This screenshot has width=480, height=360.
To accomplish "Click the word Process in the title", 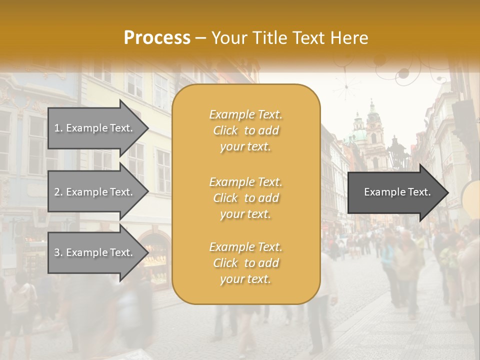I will [157, 38].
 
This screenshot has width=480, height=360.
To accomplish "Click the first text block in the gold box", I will [245, 130].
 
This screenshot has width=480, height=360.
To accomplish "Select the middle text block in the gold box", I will [245, 198].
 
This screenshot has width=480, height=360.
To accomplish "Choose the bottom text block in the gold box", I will [245, 263].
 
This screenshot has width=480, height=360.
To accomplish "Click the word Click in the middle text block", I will [225, 198].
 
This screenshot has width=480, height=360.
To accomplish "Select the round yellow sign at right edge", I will [471, 197].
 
